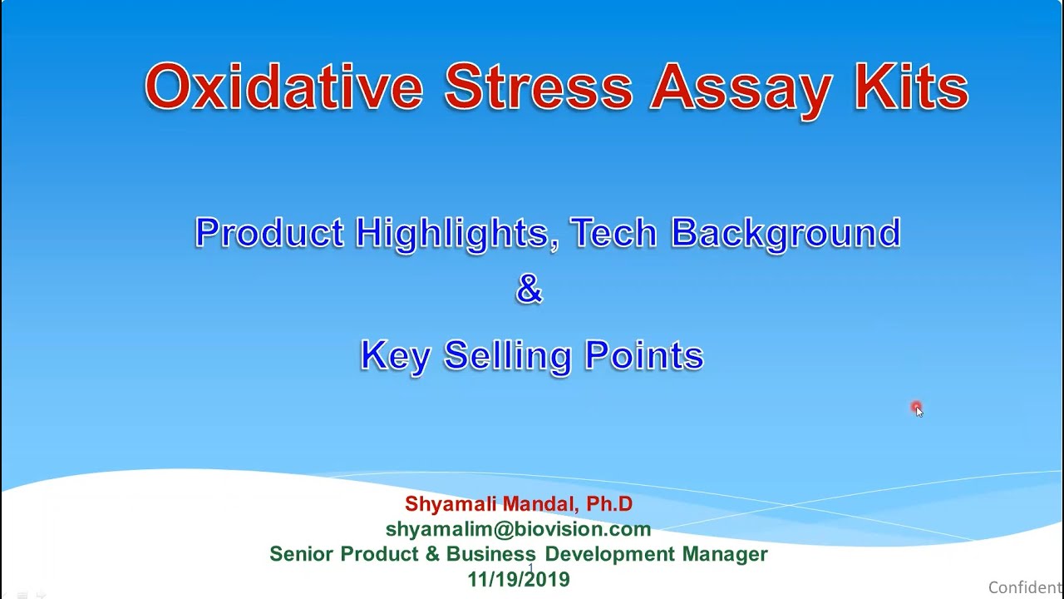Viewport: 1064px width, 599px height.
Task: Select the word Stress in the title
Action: tap(538, 87)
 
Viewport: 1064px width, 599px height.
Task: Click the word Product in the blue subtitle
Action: tap(269, 233)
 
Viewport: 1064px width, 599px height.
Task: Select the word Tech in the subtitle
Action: tap(613, 233)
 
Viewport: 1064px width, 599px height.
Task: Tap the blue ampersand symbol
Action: tap(530, 290)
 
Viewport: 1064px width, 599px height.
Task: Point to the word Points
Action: tap(644, 356)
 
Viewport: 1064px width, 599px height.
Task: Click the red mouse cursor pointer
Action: tap(917, 408)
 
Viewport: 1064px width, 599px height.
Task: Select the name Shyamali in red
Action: tap(450, 504)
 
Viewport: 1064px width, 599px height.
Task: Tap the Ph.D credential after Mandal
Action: tap(609, 504)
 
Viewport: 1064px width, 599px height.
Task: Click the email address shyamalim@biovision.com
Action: tap(518, 529)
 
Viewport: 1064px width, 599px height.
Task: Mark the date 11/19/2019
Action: tap(519, 580)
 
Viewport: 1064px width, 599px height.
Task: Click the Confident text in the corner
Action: tap(1025, 587)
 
